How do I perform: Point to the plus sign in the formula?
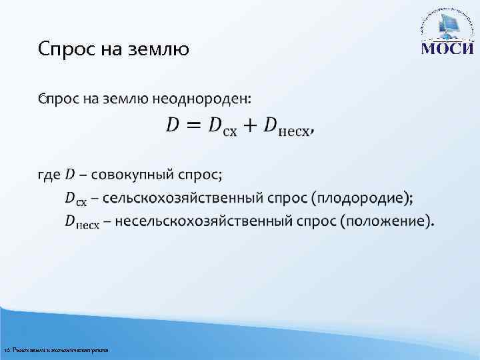click(251, 125)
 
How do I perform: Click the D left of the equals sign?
click(171, 125)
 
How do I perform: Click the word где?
click(49, 175)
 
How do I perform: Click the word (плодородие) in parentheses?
click(364, 198)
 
